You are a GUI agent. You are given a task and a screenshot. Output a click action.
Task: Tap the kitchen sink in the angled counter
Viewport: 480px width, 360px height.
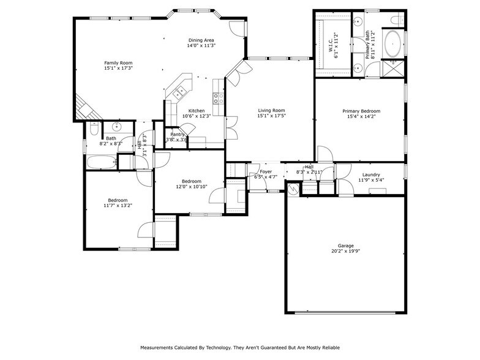click(180, 93)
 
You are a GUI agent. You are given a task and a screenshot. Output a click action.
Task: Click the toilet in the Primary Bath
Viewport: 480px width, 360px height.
click(395, 20)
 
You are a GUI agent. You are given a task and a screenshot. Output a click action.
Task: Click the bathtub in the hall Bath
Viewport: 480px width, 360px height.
click(100, 163)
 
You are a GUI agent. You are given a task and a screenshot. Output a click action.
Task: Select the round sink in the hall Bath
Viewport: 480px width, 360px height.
click(115, 127)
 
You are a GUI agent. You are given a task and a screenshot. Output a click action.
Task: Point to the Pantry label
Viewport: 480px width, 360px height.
click(178, 134)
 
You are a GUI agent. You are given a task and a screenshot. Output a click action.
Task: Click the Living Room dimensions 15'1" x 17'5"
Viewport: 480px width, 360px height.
click(271, 116)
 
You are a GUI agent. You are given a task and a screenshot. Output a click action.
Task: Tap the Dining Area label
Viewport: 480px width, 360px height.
click(201, 40)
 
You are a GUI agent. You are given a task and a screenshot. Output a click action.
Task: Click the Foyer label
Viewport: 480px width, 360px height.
click(266, 171)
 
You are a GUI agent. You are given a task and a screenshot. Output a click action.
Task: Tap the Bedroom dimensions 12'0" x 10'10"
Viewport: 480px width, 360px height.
click(192, 187)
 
